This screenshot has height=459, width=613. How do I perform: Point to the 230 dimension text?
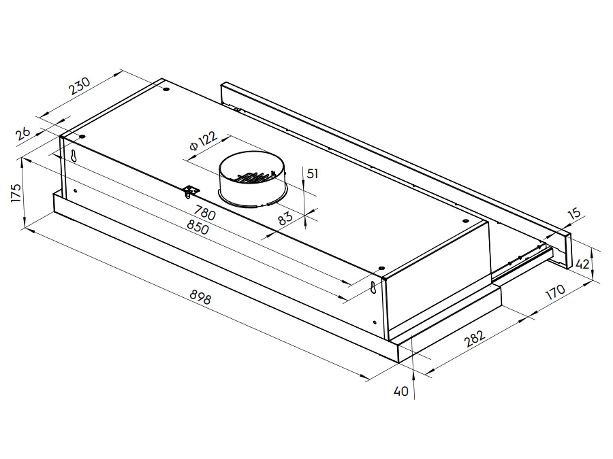pos(79,88)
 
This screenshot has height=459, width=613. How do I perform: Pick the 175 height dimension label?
pos(15,192)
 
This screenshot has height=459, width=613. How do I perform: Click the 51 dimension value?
pos(312,173)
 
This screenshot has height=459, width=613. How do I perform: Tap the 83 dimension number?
pos(285,218)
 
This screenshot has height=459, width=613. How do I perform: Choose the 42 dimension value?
pos(582,264)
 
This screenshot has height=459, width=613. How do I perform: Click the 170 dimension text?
pos(555,292)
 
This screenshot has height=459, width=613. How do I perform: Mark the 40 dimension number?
pos(401,392)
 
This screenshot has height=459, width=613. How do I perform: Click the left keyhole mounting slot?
pos(73,155)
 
